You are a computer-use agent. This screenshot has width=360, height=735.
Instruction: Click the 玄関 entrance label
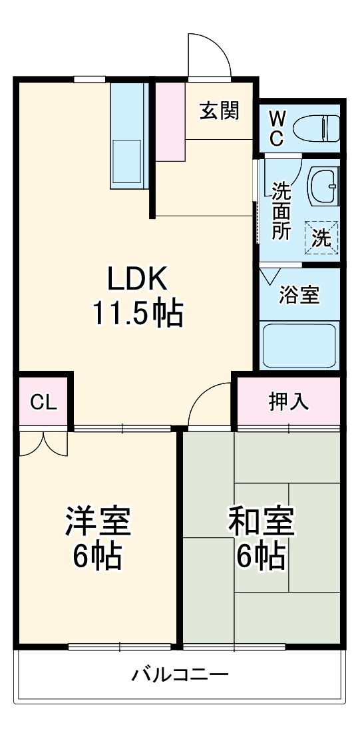220,111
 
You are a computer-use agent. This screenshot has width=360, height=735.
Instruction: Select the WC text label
277,128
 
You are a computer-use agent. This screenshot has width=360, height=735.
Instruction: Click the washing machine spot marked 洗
322,238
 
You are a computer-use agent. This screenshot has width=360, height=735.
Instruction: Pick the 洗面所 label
281,211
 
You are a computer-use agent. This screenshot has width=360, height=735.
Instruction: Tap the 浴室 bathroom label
299,294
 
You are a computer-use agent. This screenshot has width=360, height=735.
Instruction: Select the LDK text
137,280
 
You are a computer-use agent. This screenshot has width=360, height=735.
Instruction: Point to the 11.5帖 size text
137,312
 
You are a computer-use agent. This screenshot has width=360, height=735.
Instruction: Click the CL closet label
43,402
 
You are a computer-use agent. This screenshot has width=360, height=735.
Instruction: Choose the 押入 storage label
288,402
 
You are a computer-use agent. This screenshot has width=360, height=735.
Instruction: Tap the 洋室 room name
97,521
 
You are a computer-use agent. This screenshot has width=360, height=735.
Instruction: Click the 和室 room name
262,521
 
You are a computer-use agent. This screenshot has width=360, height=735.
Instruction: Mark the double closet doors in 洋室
43,444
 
